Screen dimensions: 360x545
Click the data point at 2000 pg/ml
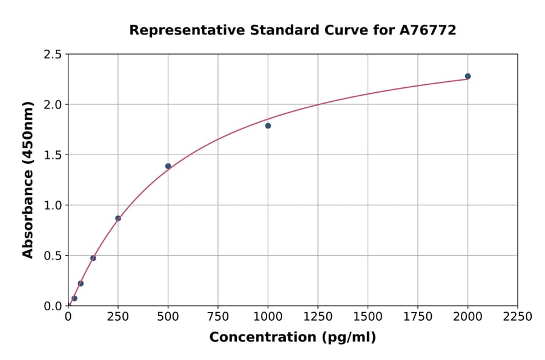tap(467, 76)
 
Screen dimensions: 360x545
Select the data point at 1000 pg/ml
tap(268, 126)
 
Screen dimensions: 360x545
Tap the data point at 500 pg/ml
tap(168, 166)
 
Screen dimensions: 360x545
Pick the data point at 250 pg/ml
tap(118, 218)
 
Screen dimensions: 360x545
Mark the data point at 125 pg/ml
tap(93, 258)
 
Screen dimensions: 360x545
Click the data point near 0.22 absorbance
tap(81, 284)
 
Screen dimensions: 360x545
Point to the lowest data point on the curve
tap(74, 298)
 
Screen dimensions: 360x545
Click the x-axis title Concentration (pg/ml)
tap(292, 338)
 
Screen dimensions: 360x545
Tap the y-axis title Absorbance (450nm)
tap(28, 179)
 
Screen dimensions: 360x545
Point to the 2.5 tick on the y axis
tap(52, 55)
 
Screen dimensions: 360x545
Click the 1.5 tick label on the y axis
tap(52, 155)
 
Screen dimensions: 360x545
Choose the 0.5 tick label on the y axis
tap(52, 256)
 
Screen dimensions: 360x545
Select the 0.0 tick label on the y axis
tap(52, 306)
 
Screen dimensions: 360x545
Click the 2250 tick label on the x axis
tap(518, 317)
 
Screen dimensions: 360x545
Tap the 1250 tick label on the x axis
tap(318, 317)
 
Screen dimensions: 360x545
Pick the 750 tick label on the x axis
tap(218, 317)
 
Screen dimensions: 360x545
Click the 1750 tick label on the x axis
tap(418, 317)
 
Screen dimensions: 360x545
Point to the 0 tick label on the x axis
tap(68, 317)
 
